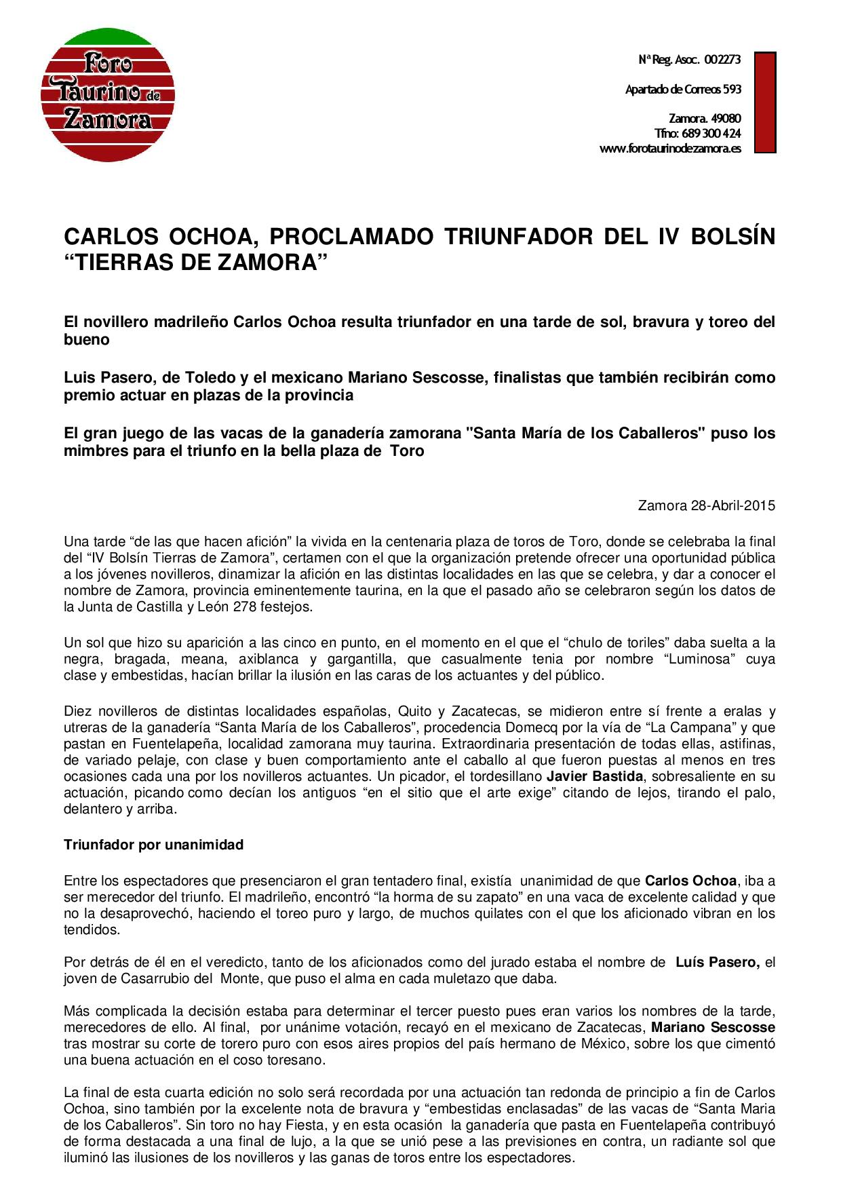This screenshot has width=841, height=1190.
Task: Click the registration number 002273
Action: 722,60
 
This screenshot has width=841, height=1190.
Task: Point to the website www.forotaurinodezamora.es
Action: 670,149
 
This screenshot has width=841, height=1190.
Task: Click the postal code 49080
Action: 726,118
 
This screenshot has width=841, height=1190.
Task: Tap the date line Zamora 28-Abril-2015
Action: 706,505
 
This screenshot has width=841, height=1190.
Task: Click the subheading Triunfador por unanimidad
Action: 153,845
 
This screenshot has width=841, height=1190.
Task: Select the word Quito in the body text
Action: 416,711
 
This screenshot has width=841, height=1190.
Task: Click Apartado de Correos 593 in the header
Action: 683,89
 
